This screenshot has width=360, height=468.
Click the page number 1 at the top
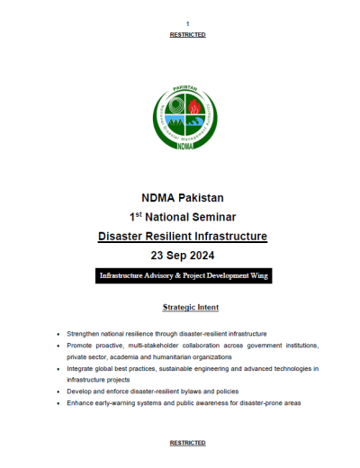click(187, 23)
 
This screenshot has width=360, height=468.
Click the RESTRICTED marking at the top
click(187, 34)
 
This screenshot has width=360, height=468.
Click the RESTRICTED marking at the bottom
click(187, 443)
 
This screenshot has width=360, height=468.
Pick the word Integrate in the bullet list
click(82, 368)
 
